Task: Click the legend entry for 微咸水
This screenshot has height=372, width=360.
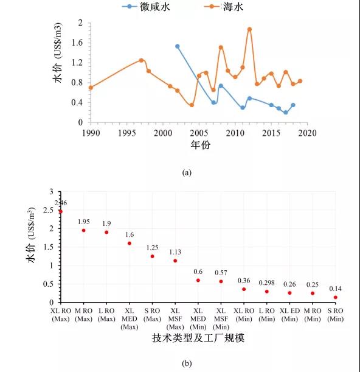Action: click(x=146, y=7)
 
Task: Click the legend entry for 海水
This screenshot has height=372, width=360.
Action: click(x=224, y=7)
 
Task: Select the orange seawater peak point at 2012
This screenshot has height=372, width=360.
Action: click(x=249, y=29)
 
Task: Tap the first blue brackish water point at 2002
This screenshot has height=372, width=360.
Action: click(x=178, y=46)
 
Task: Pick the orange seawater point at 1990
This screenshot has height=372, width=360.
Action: click(x=91, y=88)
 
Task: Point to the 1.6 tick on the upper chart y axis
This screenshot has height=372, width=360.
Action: click(x=77, y=43)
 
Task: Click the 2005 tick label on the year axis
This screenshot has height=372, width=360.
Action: click(x=199, y=133)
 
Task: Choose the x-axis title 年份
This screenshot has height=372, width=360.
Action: click(x=200, y=144)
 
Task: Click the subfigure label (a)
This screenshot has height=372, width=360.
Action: click(x=187, y=172)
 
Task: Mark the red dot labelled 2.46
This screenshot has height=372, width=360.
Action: click(x=61, y=211)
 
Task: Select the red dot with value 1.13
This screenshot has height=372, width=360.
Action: click(x=175, y=261)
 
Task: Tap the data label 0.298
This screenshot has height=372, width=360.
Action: click(x=266, y=283)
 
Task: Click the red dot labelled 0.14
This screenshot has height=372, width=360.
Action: click(x=335, y=297)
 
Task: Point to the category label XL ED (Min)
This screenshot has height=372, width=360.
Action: click(x=289, y=315)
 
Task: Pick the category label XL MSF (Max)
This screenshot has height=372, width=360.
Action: click(x=175, y=318)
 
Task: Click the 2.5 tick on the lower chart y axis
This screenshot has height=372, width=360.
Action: click(x=49, y=210)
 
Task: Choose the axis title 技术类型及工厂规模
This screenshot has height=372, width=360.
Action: click(x=198, y=338)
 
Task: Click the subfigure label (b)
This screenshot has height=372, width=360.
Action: click(x=187, y=363)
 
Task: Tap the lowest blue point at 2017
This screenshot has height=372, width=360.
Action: click(x=286, y=112)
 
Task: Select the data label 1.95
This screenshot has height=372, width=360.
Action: click(x=84, y=222)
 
